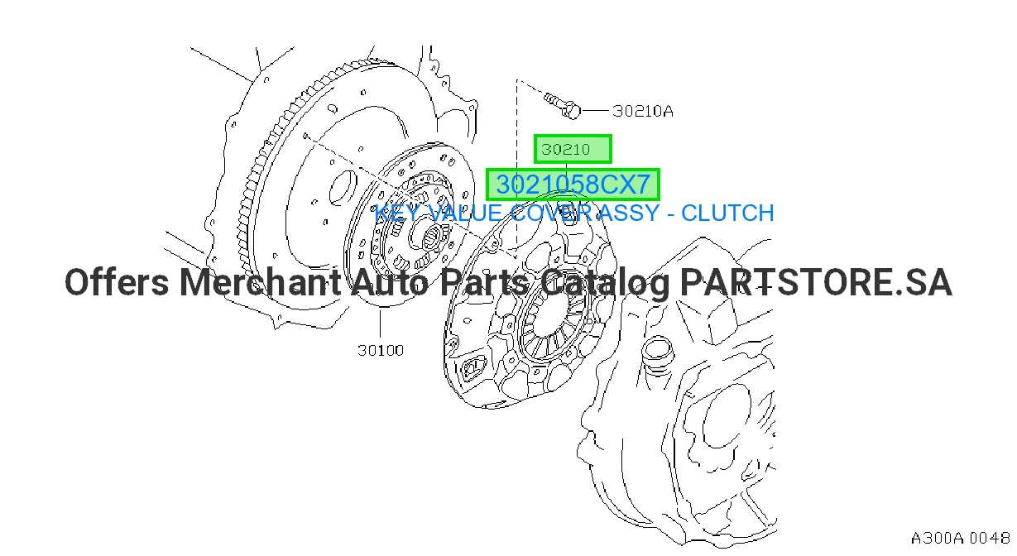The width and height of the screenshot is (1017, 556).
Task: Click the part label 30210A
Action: (x=642, y=111)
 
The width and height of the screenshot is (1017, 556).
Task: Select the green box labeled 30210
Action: (x=573, y=149)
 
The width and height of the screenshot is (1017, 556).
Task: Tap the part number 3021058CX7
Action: (x=573, y=185)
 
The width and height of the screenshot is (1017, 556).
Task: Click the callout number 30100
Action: (x=381, y=350)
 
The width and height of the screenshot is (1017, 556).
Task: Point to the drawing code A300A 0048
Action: (x=960, y=539)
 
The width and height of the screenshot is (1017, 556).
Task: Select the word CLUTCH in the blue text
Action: (x=727, y=213)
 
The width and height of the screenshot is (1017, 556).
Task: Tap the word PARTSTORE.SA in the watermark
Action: (x=816, y=282)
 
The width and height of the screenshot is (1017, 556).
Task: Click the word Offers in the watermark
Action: (x=117, y=282)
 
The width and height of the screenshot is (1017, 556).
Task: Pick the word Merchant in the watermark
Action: (x=260, y=282)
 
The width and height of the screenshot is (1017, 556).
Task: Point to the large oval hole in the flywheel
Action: (x=343, y=188)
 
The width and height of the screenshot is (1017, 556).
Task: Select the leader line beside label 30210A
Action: (x=595, y=110)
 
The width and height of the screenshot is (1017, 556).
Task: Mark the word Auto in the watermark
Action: (x=390, y=282)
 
